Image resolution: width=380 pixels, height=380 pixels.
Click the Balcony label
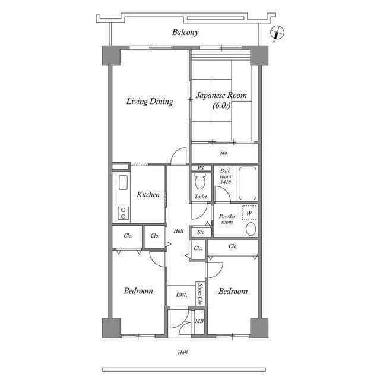[185, 33]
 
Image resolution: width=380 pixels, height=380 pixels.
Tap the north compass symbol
[277, 33]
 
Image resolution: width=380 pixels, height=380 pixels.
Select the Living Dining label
[150, 102]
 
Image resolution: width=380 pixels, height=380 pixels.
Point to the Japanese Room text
[221, 95]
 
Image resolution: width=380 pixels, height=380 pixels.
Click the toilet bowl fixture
[200, 181]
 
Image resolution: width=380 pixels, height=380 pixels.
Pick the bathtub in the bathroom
[248, 183]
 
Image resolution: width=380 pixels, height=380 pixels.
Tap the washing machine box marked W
[249, 213]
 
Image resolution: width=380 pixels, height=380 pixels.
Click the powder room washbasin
[251, 229]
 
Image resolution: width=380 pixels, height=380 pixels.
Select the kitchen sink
[123, 182]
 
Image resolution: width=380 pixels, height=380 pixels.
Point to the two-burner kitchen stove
[123, 213]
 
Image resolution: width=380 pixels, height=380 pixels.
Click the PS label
[201, 168]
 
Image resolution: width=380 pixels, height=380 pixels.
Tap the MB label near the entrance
[199, 321]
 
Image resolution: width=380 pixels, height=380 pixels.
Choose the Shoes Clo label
[200, 294]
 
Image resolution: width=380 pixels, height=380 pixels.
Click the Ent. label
[182, 294]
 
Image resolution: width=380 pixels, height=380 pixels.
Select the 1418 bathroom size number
[226, 182]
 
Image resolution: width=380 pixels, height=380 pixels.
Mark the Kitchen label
[148, 194]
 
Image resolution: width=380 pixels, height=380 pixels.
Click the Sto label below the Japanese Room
[223, 153]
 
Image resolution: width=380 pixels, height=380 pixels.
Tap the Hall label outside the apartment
[182, 353]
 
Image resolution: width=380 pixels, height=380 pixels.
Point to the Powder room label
[227, 219]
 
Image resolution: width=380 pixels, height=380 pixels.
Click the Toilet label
[201, 197]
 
